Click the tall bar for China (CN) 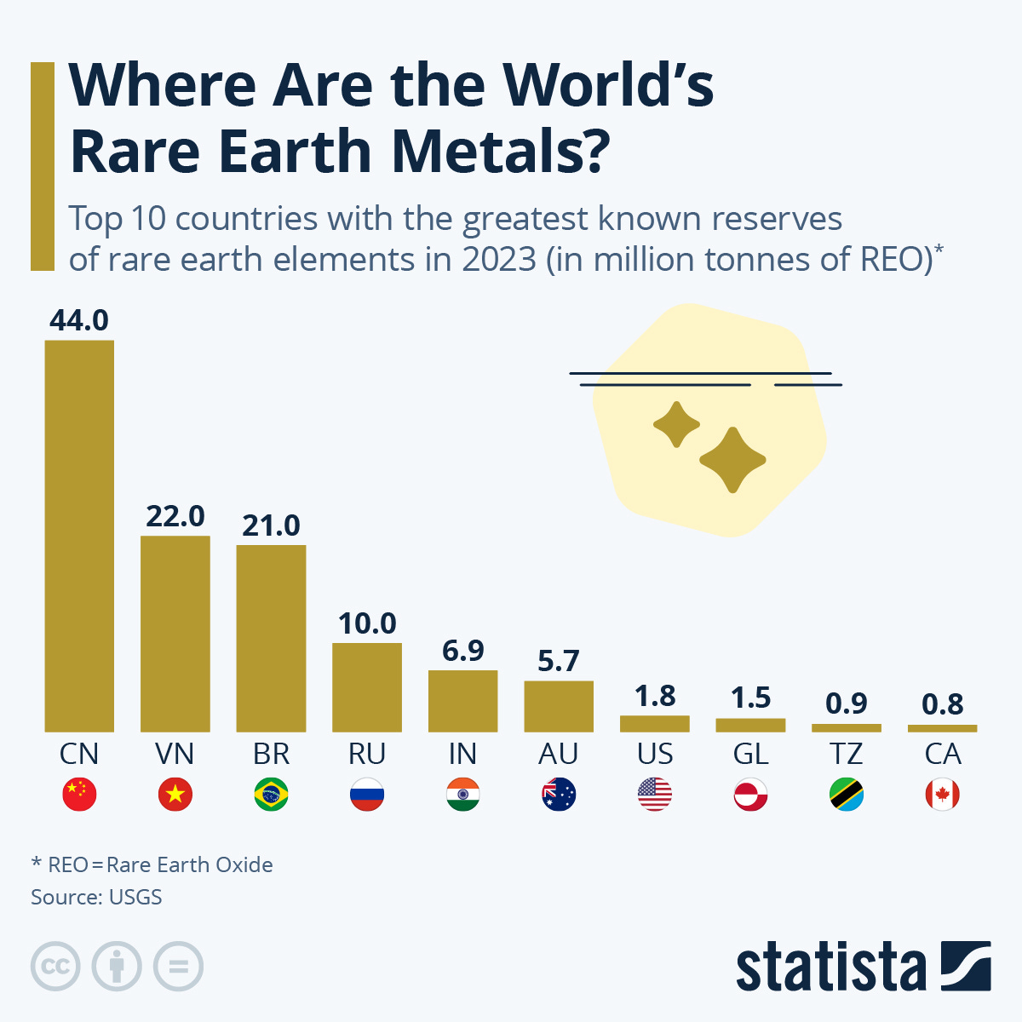point(79,537)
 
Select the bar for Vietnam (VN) point(175,634)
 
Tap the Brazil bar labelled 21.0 point(271,638)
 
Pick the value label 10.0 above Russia point(367,623)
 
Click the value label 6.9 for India point(462,651)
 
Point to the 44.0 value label point(79,320)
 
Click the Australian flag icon point(559,795)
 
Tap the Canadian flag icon point(942,795)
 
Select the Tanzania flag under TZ point(847,795)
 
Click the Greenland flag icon point(750,795)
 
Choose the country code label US point(655,754)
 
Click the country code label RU point(367,754)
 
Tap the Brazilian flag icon point(271,795)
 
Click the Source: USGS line point(96,897)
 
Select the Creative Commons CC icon point(55,967)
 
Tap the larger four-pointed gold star point(732,461)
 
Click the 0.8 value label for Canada point(942,704)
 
